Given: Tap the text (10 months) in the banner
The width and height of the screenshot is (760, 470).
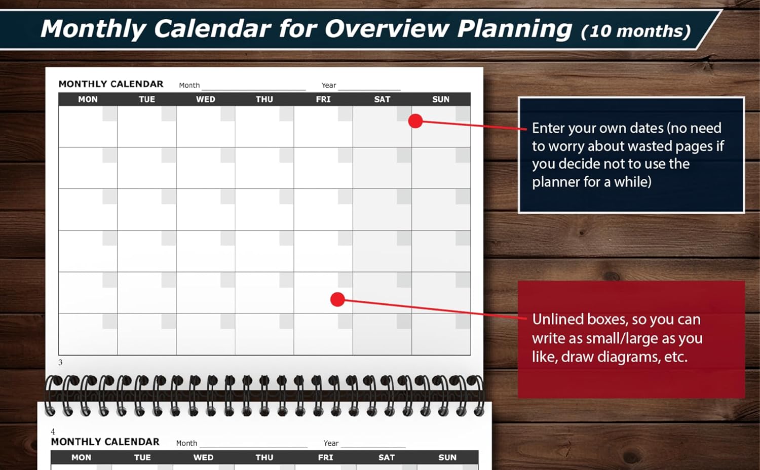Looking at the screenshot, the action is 635,31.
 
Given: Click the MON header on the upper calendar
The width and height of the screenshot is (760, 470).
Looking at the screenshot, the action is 88,99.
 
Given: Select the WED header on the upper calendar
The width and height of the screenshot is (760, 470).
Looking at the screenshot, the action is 206,99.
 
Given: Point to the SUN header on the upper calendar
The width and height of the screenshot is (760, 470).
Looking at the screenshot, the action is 441,99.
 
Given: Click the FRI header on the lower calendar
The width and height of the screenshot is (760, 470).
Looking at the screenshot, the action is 325,457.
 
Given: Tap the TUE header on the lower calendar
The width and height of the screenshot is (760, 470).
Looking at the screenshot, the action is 142,457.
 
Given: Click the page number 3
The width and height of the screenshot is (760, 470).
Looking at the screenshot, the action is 60,363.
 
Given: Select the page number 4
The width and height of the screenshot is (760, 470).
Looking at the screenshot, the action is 53,432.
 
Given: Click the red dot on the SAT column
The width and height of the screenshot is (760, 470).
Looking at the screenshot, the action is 415,121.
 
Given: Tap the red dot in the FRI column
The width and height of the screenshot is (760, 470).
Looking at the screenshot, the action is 337,299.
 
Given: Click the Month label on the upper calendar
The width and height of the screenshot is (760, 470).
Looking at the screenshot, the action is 189,86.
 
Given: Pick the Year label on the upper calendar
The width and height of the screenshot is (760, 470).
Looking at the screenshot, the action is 329,86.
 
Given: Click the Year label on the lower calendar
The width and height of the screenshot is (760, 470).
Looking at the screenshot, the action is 331,443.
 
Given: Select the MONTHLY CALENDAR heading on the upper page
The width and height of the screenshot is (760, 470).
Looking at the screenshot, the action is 111,84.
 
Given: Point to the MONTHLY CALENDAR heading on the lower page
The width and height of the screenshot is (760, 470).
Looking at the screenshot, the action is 105,442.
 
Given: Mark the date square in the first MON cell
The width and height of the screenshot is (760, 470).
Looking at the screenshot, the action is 109,113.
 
